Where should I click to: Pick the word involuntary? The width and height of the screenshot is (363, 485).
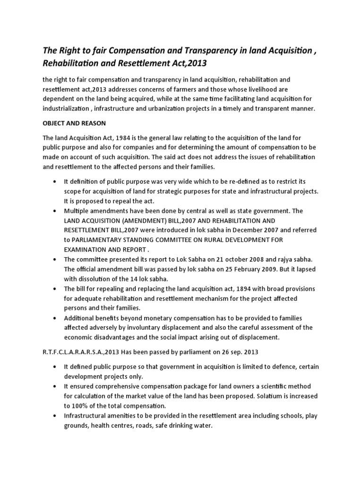tap(148, 328)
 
